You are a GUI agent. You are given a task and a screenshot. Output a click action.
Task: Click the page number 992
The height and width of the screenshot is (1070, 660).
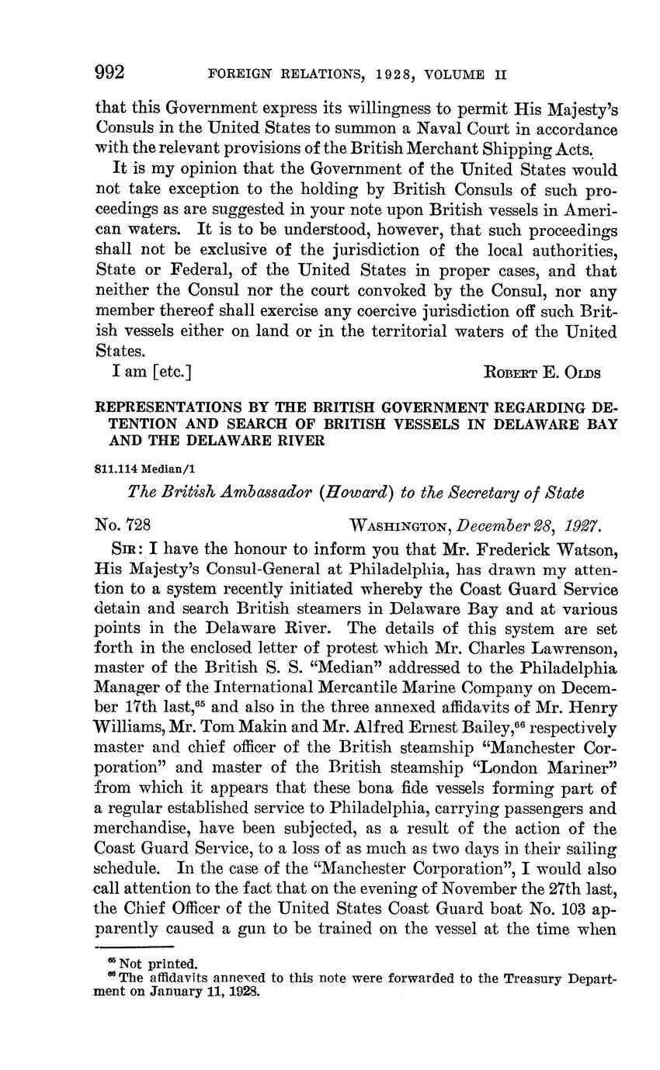point(109,73)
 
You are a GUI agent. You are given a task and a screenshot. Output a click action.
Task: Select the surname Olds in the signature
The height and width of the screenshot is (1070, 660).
point(580,372)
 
